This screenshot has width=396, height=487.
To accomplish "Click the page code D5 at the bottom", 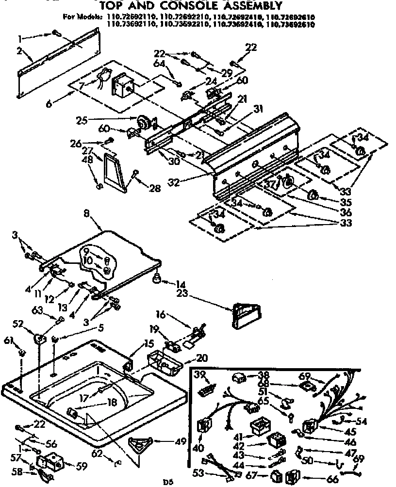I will [167, 483].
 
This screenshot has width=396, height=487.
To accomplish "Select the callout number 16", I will [161, 315].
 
